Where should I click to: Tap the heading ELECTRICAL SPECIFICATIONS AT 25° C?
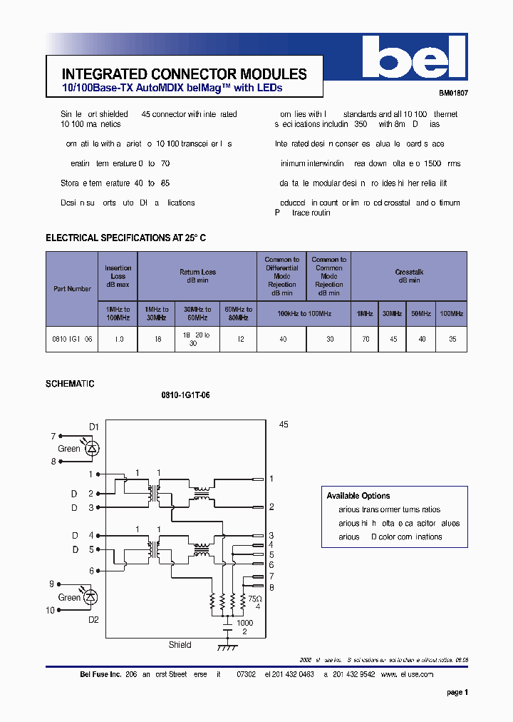[125, 238]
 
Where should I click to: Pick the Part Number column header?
[72, 289]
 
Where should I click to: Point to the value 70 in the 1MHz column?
[366, 340]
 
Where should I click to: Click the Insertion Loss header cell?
[118, 276]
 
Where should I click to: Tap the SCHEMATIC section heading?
[70, 384]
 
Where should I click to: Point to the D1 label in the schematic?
[93, 426]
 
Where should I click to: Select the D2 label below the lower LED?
[93, 620]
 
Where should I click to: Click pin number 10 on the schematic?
[50, 610]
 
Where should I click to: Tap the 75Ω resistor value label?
[254, 599]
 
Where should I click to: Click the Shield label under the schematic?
[180, 645]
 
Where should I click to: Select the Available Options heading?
[358, 496]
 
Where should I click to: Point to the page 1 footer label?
[457, 692]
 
